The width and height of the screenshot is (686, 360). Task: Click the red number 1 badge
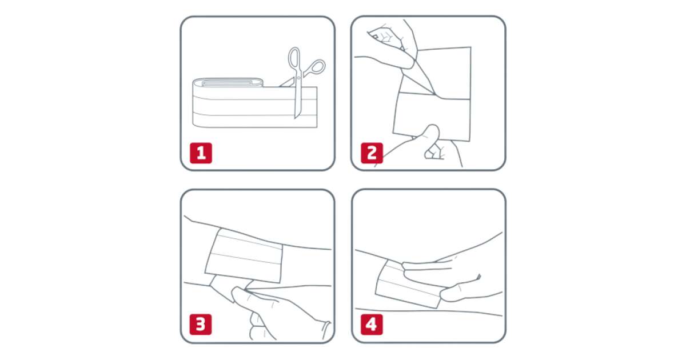pyautogui.click(x=201, y=153)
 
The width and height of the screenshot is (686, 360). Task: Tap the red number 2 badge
pyautogui.click(x=372, y=153)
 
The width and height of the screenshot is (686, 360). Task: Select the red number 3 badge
pyautogui.click(x=201, y=325)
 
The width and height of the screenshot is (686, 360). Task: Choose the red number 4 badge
pyautogui.click(x=372, y=325)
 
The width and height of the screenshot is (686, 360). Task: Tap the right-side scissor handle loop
pyautogui.click(x=316, y=67)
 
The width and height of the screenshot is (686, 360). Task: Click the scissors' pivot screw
pyautogui.click(x=299, y=78)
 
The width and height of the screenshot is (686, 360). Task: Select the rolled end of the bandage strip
pyautogui.click(x=228, y=82)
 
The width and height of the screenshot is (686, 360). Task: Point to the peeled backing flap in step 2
pyautogui.click(x=418, y=81)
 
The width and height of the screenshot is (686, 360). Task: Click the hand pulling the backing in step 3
pyautogui.click(x=276, y=312)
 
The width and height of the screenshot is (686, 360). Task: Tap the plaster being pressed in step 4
pyautogui.click(x=407, y=285)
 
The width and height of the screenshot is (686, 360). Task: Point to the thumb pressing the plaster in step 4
pyautogui.click(x=460, y=293)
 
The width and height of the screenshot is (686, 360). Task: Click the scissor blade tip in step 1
pyautogui.click(x=296, y=118)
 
